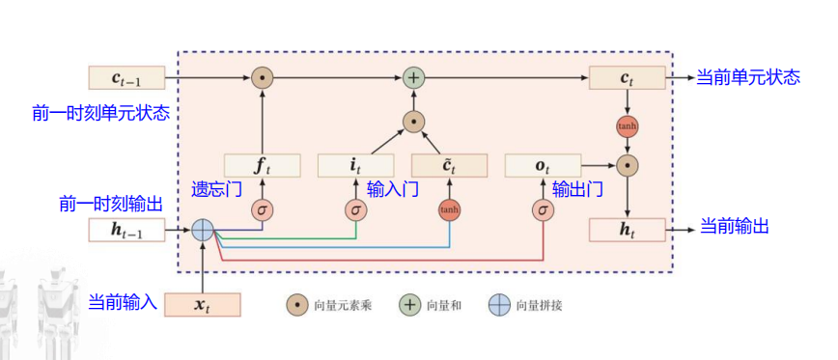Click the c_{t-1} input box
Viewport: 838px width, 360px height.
(x=126, y=77)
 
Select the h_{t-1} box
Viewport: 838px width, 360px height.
(x=126, y=230)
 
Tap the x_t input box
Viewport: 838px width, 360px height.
(x=202, y=305)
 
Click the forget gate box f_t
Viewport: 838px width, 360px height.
(x=261, y=165)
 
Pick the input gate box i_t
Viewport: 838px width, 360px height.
(x=355, y=165)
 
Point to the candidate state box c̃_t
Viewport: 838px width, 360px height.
(x=449, y=165)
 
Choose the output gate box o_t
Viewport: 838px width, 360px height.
(x=544, y=165)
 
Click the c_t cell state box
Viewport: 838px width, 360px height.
(x=628, y=77)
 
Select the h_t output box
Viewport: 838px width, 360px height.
(x=628, y=230)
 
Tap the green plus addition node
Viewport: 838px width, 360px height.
(x=413, y=77)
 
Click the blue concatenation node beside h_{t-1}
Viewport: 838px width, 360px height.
(x=202, y=230)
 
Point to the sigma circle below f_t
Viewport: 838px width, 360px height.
(x=261, y=209)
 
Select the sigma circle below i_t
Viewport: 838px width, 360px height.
(x=355, y=209)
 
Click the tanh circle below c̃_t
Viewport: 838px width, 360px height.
(x=449, y=209)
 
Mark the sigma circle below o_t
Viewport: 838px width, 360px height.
(x=544, y=209)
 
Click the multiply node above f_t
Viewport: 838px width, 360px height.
(x=261, y=77)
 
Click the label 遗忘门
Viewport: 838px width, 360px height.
(x=216, y=190)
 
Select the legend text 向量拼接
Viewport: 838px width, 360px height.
(x=539, y=306)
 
